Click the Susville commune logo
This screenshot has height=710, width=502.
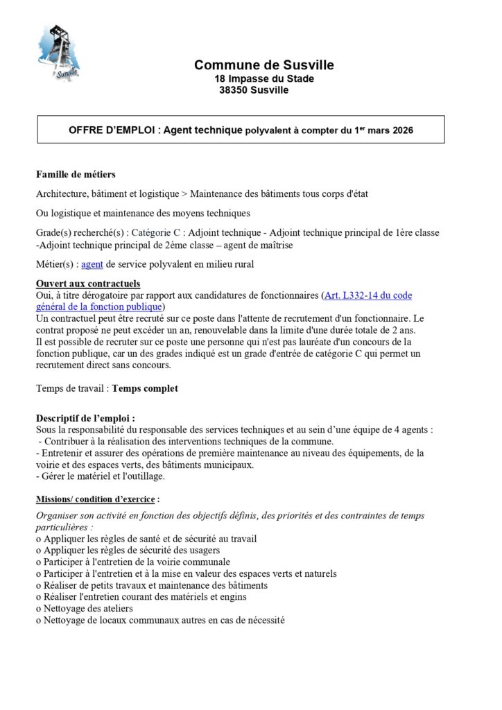[x=60, y=51]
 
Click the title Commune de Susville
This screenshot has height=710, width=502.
[x=263, y=65]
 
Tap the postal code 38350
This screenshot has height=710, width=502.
[x=233, y=90]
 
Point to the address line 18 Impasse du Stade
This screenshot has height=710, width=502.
[x=263, y=78]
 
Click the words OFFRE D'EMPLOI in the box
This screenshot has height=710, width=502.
[x=114, y=130]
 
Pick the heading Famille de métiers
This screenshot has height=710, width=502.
[x=76, y=174]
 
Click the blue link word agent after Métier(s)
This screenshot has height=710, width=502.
[x=92, y=264]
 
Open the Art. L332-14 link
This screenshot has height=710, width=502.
[x=367, y=295]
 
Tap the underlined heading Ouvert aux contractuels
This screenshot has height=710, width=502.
[x=87, y=284]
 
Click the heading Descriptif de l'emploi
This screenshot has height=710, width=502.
[x=85, y=418]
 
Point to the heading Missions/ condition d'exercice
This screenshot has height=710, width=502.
[x=98, y=499]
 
